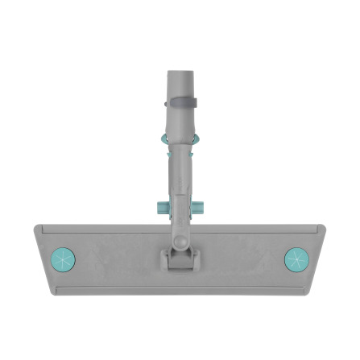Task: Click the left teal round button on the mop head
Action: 62,259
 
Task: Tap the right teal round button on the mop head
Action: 296,259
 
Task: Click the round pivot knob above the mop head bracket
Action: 180,238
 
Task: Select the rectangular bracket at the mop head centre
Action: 180,260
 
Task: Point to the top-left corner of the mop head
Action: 35,227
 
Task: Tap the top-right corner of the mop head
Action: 324,227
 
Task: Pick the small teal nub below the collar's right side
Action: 194,153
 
